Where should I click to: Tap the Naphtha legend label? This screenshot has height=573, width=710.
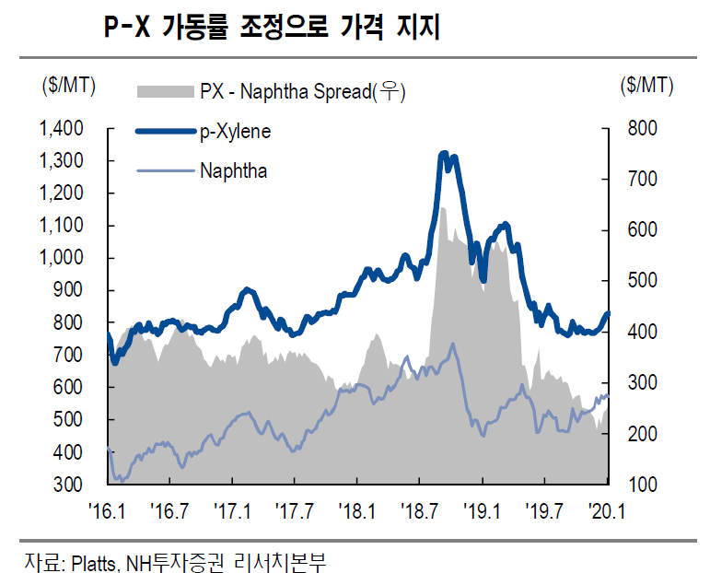coord(233,170)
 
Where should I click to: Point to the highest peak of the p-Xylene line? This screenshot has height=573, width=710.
coord(444,153)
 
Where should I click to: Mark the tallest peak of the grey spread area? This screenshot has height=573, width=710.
coord(442,209)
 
